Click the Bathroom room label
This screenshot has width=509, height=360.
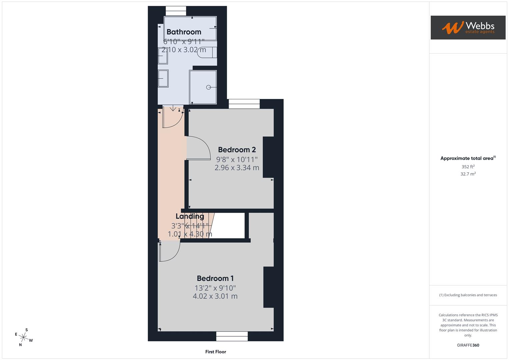(x=184, y=32)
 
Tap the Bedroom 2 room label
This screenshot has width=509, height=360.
(x=237, y=150)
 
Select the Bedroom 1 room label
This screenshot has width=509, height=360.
(x=215, y=278)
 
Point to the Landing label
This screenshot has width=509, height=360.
(x=190, y=216)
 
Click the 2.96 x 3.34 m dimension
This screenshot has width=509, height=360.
(x=237, y=168)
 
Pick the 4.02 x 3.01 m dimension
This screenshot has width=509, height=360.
(x=215, y=296)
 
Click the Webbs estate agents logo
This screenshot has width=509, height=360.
(x=468, y=27)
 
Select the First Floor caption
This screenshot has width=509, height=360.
(x=216, y=352)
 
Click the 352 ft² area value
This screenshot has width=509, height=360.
(x=468, y=167)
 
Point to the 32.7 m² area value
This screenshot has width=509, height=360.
(x=468, y=174)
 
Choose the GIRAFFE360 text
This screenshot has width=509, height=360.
(x=468, y=345)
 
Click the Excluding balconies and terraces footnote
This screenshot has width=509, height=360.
(x=468, y=295)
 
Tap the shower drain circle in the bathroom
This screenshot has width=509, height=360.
(x=208, y=87)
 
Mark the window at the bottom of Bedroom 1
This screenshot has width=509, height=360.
(x=232, y=336)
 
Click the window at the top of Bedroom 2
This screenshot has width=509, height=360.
(x=244, y=104)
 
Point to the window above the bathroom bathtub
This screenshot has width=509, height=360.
(x=176, y=11)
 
